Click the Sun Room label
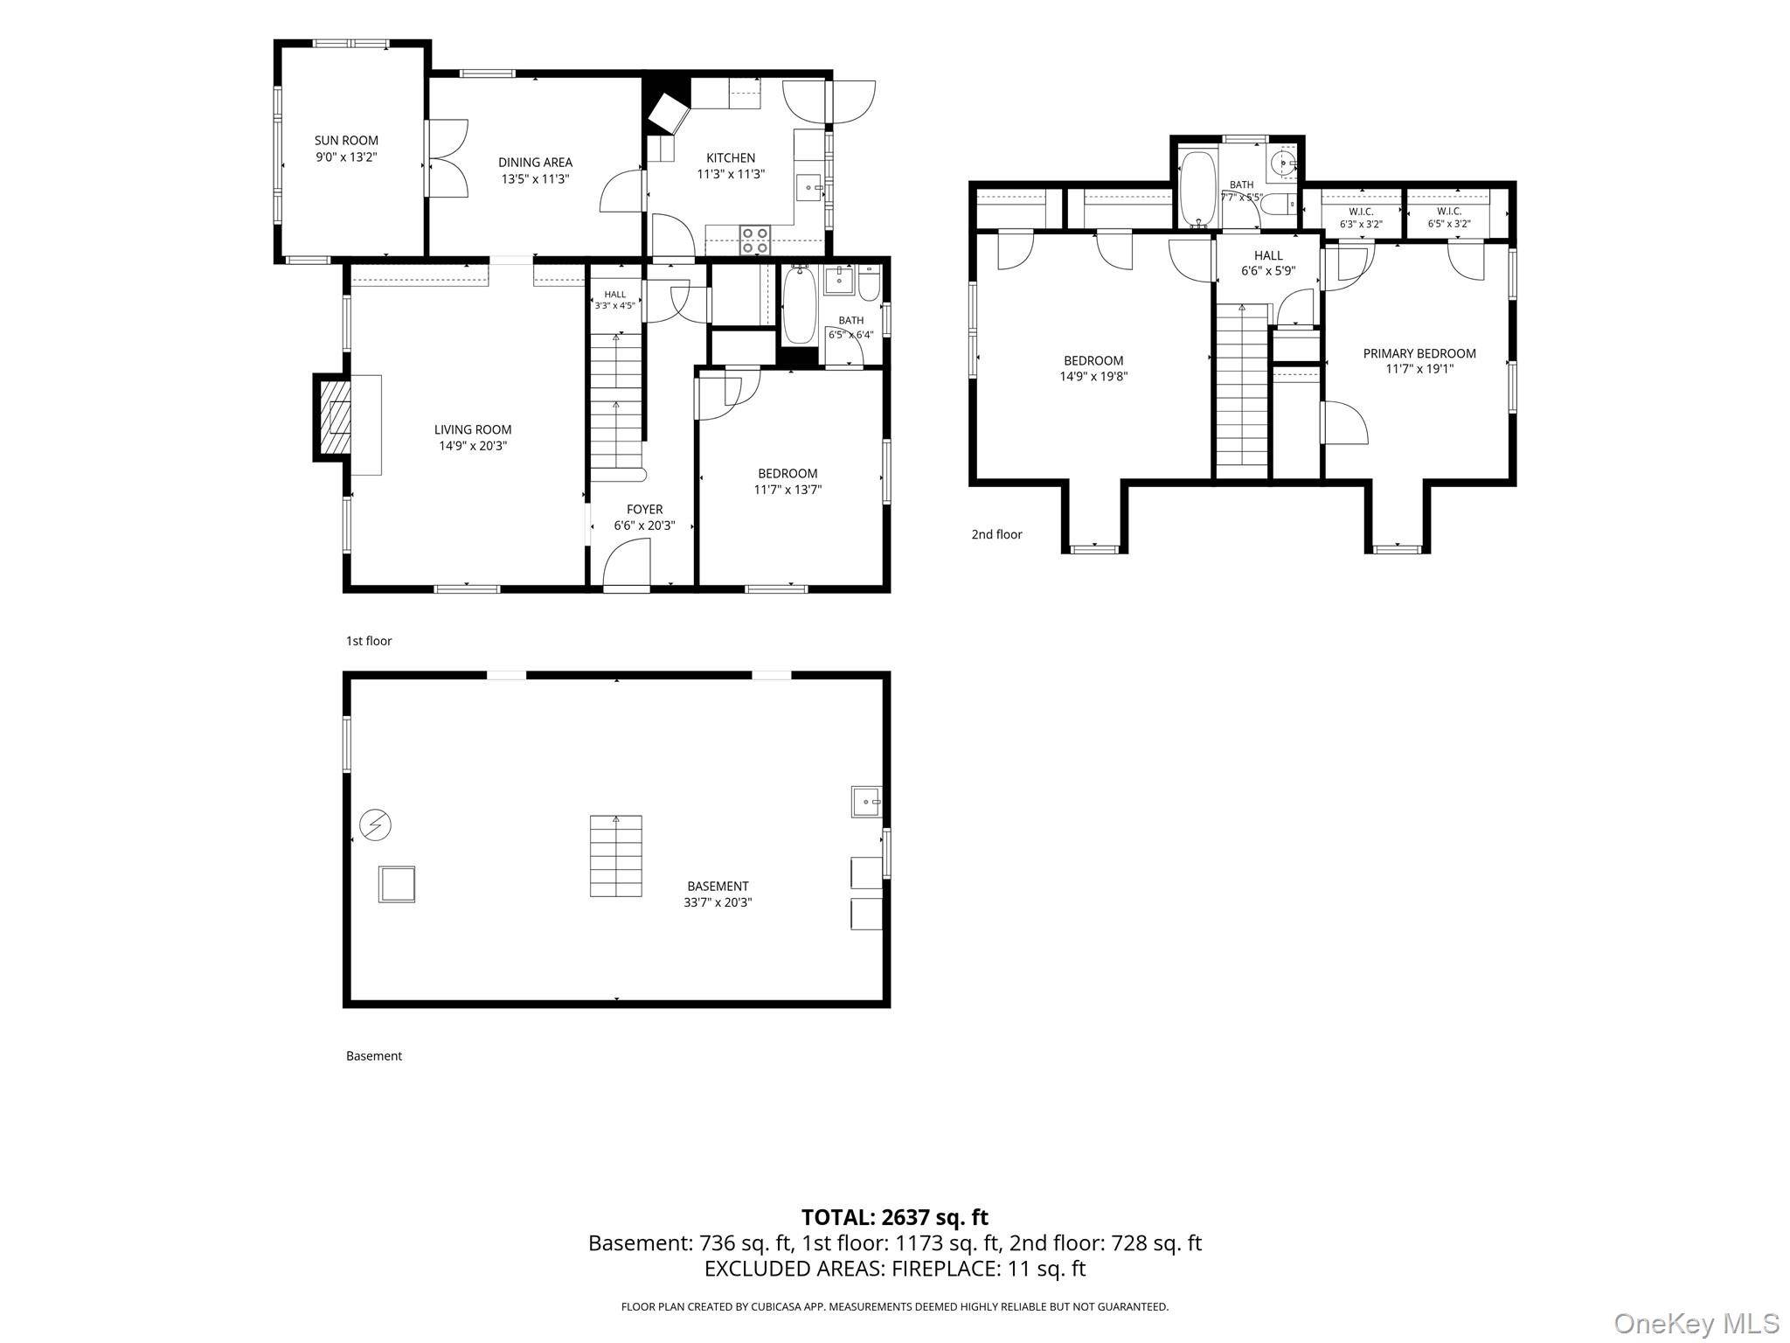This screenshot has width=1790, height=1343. [346, 141]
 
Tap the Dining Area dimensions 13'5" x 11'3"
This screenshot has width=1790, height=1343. [535, 179]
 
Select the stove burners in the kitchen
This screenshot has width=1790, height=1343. [754, 240]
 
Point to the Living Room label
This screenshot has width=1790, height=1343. [473, 429]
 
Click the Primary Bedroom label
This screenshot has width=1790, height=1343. [1419, 353]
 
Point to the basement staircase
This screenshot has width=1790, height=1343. [616, 856]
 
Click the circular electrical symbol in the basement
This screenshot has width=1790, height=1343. [376, 825]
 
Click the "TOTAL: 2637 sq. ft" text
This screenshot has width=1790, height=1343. [895, 1217]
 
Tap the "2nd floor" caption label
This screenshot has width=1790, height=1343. [996, 534]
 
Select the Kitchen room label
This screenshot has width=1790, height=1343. [731, 158]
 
